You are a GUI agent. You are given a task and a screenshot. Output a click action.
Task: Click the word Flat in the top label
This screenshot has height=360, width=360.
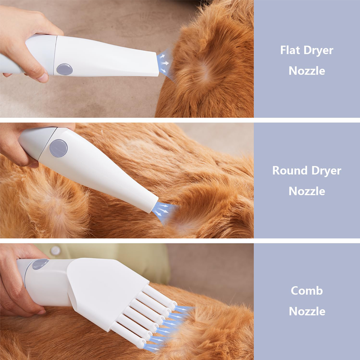coord(290,50)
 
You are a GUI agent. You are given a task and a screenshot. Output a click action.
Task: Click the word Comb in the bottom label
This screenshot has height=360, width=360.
coord(307,291)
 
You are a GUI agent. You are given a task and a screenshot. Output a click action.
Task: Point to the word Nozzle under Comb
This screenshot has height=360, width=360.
coord(307,311)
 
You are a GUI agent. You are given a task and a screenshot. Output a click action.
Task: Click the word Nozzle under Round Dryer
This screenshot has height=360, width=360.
coord(307,191)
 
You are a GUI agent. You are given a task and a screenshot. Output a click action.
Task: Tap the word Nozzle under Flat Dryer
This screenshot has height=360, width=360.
coord(307,71)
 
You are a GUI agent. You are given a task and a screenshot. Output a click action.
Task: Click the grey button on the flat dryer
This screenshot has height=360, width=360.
coord(64,69)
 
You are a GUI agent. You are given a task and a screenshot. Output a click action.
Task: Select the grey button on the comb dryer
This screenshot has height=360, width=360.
coord(40,264)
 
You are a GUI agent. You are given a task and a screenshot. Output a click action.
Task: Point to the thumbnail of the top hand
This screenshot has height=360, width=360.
coord(43,77)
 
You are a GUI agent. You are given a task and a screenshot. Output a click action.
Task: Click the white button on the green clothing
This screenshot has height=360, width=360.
coord(55,251)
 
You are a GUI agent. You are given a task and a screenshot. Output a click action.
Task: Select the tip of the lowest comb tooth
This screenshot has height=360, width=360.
coord(140,344)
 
